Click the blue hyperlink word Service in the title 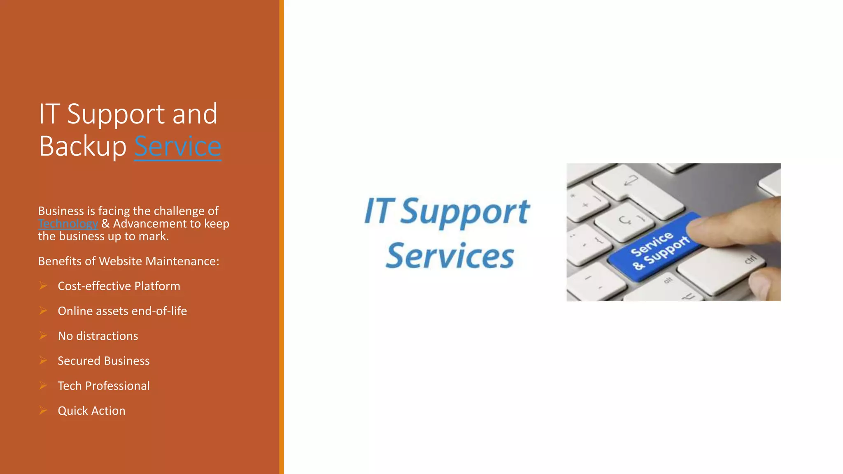(x=177, y=146)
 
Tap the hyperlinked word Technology (x=68, y=224)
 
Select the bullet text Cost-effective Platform (x=119, y=286)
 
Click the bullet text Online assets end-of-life (x=122, y=311)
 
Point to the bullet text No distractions (x=98, y=336)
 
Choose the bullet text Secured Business (x=103, y=361)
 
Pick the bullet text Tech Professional (x=103, y=386)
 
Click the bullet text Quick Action (x=91, y=411)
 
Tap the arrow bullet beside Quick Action (x=43, y=410)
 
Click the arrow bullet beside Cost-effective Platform (x=43, y=286)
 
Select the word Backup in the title (x=82, y=146)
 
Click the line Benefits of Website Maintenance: (x=128, y=261)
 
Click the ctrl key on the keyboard (x=750, y=260)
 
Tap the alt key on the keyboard (x=668, y=280)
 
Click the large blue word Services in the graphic (x=450, y=256)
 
